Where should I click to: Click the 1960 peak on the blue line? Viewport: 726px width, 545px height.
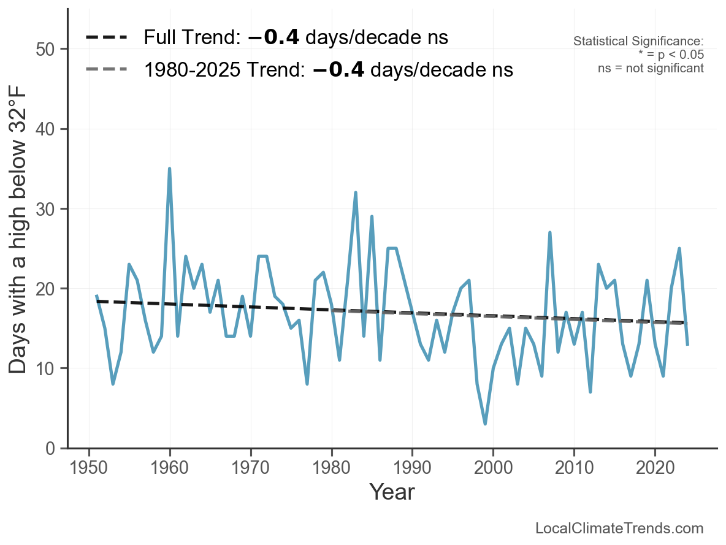click(x=169, y=169)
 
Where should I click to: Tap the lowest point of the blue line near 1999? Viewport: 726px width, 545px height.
click(x=485, y=424)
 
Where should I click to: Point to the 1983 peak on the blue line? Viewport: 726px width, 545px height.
click(x=356, y=192)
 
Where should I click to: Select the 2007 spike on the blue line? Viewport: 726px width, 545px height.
click(x=550, y=232)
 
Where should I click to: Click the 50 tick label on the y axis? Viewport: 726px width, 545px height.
click(x=46, y=49)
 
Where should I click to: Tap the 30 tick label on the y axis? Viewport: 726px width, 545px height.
click(x=46, y=209)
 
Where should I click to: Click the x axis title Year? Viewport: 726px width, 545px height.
click(x=392, y=492)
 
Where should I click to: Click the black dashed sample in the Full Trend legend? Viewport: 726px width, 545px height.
click(x=107, y=37)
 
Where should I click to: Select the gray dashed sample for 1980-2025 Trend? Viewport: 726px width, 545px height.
click(x=107, y=69)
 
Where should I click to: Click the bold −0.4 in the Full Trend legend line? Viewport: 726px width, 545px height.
click(x=273, y=37)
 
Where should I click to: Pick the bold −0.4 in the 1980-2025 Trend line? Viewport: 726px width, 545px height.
click(x=338, y=69)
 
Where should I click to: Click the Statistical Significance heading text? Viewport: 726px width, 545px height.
click(x=638, y=42)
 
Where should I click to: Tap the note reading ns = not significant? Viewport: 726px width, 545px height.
click(x=651, y=68)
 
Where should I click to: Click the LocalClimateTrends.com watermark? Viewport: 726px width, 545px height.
click(x=619, y=528)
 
